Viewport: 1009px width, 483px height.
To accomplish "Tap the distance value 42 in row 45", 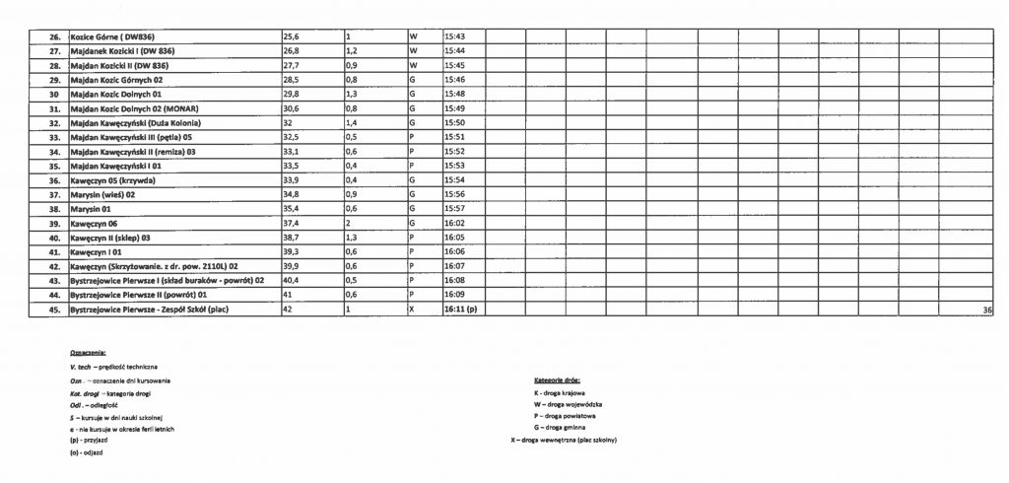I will point(289,310).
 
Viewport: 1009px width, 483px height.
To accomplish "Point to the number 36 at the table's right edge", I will point(987,310).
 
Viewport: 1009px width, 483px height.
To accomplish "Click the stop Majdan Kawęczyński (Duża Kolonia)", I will point(135,123).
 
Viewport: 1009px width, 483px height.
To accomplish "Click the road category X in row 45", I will point(412,310).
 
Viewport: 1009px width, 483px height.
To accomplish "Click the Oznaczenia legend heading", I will point(88,352).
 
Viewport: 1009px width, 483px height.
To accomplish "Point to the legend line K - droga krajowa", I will point(559,392).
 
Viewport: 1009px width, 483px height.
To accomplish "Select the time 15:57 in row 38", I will point(454,209).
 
